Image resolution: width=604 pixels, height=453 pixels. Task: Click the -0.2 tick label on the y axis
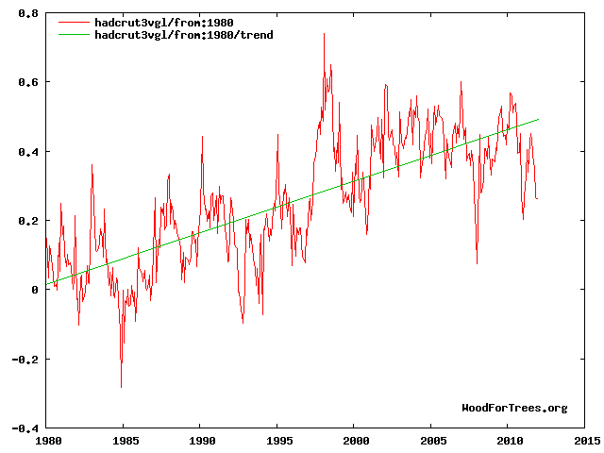click(x=24, y=360)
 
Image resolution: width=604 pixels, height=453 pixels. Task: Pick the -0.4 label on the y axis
click(x=24, y=428)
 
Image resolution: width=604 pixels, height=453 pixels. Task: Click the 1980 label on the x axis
click(x=46, y=440)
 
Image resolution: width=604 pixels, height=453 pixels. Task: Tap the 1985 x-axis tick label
click(x=124, y=440)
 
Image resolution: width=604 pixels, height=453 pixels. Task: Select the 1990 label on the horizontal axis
click(x=200, y=440)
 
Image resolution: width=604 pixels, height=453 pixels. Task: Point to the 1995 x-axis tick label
click(x=277, y=440)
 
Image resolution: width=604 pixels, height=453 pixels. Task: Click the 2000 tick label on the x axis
click(x=355, y=440)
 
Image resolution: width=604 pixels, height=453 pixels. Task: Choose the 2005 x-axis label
click(x=431, y=440)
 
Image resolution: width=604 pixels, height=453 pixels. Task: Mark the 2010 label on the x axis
click(x=509, y=440)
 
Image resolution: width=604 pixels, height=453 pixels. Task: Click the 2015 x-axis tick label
click(x=585, y=440)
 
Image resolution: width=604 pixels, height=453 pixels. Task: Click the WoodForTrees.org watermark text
click(x=514, y=408)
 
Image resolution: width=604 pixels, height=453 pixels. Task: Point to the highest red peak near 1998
click(x=324, y=34)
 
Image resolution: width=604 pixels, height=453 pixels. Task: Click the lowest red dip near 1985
click(x=121, y=387)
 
